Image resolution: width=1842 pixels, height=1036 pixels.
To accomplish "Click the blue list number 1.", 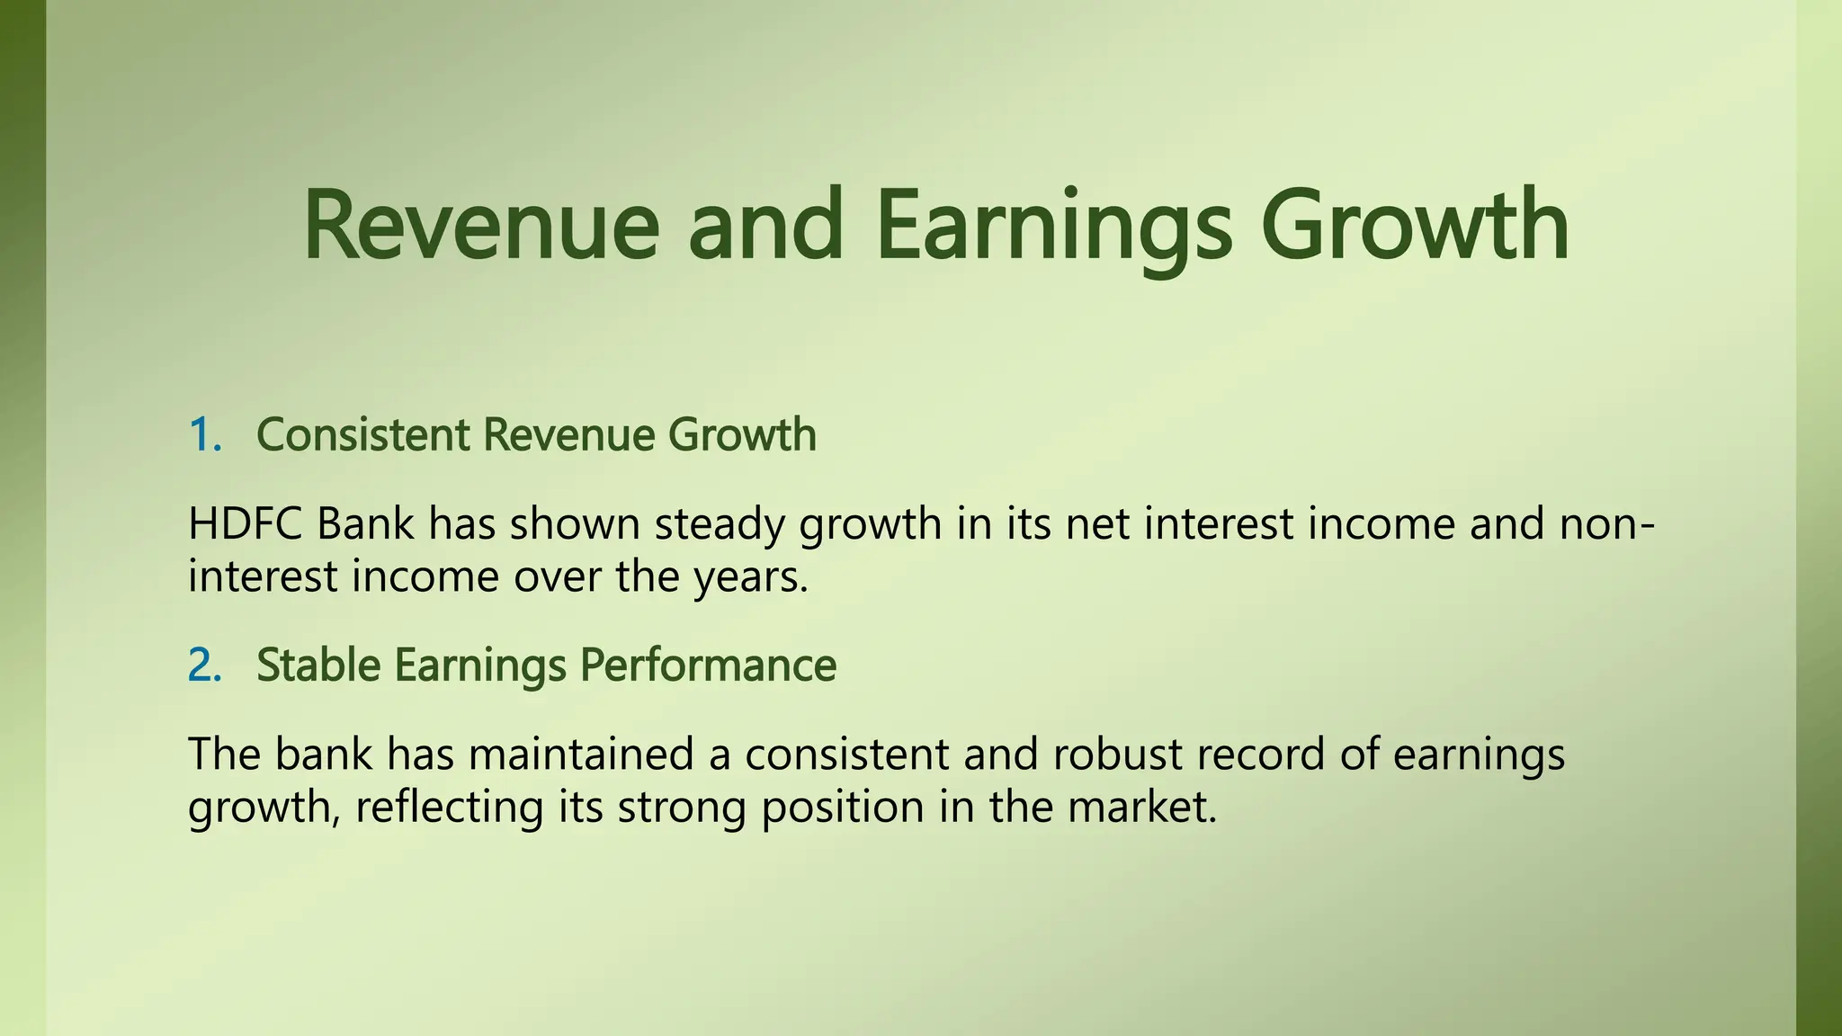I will (204, 435).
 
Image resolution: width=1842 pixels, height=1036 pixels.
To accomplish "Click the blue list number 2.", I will (204, 665).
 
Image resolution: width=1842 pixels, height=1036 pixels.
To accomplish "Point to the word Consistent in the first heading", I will (362, 435).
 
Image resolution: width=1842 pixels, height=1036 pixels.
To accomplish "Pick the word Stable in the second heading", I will (318, 665).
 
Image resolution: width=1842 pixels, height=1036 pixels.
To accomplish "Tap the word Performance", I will (708, 665).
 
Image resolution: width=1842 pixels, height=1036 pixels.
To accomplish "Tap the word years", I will (751, 577).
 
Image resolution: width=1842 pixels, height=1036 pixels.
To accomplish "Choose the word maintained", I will (581, 754).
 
